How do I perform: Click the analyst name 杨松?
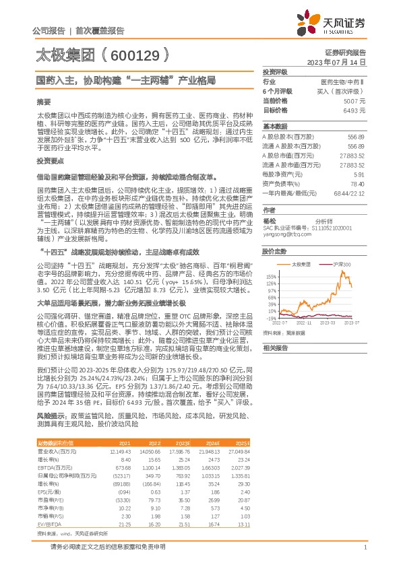click(270, 220)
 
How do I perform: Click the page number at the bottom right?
click(365, 549)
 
